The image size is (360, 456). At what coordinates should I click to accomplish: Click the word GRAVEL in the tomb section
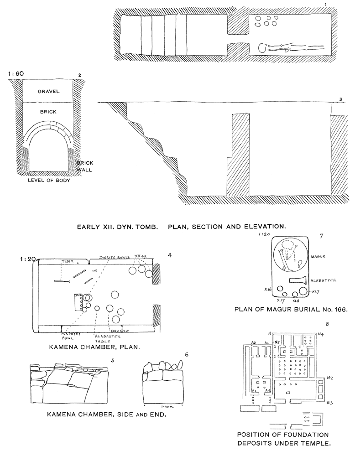49,91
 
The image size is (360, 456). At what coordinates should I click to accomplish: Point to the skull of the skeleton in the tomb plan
262,47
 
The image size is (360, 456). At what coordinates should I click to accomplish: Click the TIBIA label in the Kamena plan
68,261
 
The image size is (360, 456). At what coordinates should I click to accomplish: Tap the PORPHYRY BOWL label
71,335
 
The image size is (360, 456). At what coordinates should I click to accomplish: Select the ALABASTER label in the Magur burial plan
323,280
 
